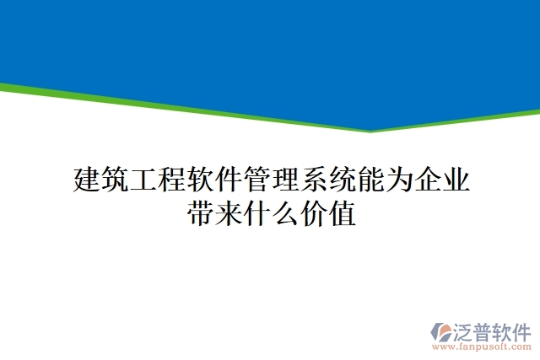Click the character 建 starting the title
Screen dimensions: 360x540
(88, 180)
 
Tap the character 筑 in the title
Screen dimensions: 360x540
(116, 180)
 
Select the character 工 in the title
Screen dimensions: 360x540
(144, 180)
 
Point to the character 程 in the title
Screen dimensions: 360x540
(173, 180)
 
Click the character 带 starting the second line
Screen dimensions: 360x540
(201, 214)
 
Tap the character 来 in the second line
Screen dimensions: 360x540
(229, 214)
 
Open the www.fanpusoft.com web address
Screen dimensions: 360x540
(482, 347)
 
